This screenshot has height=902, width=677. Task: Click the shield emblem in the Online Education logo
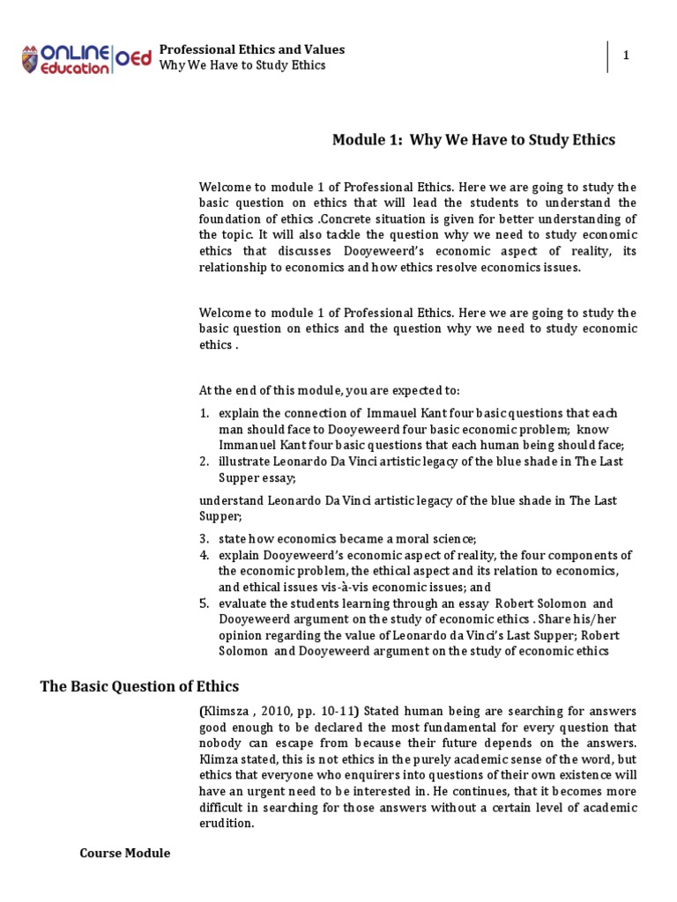click(32, 59)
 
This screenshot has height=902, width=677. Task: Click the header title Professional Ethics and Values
click(251, 49)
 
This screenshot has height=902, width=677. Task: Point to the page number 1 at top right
click(626, 55)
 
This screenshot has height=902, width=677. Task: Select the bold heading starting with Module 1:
click(472, 139)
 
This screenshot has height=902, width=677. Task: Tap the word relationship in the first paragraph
click(233, 268)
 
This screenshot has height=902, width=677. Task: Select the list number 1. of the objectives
click(204, 413)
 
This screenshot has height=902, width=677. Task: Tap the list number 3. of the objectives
click(204, 538)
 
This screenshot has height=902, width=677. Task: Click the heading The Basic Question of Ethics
click(139, 686)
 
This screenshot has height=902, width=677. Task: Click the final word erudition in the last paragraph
click(226, 824)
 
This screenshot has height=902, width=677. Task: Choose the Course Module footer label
click(124, 854)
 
